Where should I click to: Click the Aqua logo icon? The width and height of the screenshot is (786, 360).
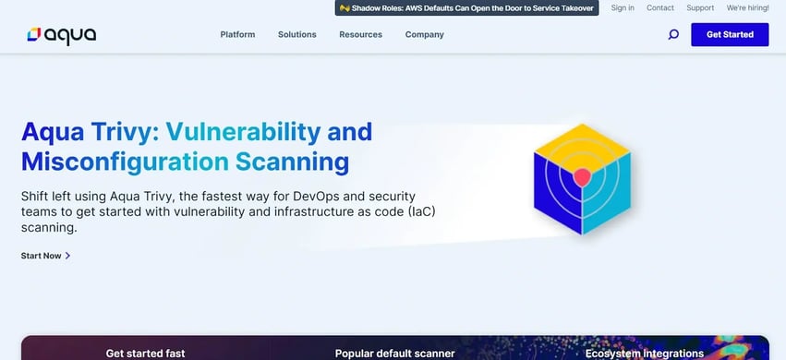(33, 35)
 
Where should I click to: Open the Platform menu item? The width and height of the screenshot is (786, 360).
(237, 35)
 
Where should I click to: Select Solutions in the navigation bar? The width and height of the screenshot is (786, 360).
(296, 35)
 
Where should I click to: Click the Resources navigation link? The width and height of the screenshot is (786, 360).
(360, 35)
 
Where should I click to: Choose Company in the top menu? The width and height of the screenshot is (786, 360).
(424, 35)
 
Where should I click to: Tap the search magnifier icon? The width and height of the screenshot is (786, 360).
(673, 35)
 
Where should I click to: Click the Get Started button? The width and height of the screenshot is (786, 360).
(729, 35)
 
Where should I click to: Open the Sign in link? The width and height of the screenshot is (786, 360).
(623, 8)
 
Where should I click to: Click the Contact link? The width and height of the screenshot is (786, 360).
(659, 8)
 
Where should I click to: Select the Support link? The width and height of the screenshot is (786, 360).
(700, 8)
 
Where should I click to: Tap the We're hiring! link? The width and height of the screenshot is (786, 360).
(748, 8)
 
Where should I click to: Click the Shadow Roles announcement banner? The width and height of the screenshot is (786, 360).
(466, 8)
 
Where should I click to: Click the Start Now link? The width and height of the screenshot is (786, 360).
(45, 256)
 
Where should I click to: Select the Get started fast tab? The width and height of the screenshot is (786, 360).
(145, 353)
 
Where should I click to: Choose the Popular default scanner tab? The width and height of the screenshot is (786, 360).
(394, 353)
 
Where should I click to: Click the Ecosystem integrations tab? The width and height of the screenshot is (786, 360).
(644, 353)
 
